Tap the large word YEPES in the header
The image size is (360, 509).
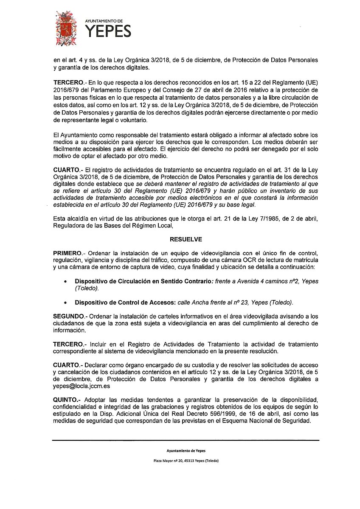[x=108, y=31]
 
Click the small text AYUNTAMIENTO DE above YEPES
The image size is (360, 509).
[x=104, y=20]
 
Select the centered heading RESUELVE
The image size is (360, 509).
[x=180, y=239]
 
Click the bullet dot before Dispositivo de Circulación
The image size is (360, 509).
[x=65, y=281]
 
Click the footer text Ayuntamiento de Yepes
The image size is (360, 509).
[x=180, y=451]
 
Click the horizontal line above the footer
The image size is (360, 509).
[x=180, y=439]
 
